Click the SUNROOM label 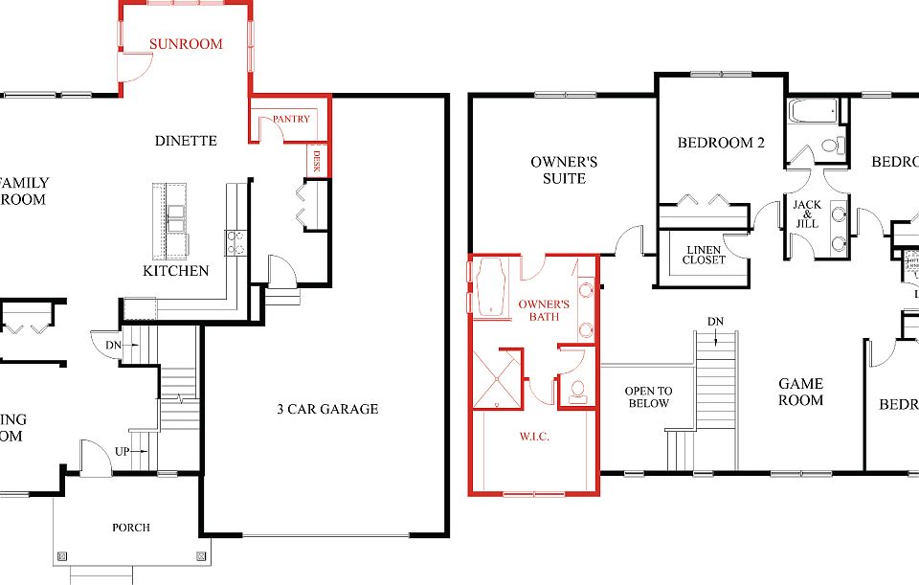[x=186, y=44]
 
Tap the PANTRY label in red [x=291, y=120]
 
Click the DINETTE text [x=186, y=141]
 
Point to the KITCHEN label [x=175, y=271]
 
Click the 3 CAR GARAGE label [x=327, y=409]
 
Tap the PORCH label [x=131, y=528]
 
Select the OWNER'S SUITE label [x=565, y=170]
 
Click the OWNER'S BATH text [x=544, y=310]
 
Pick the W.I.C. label [x=533, y=438]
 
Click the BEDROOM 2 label [x=721, y=144]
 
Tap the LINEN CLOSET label [x=705, y=255]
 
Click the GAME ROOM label [x=800, y=392]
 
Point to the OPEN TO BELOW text [x=648, y=397]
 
